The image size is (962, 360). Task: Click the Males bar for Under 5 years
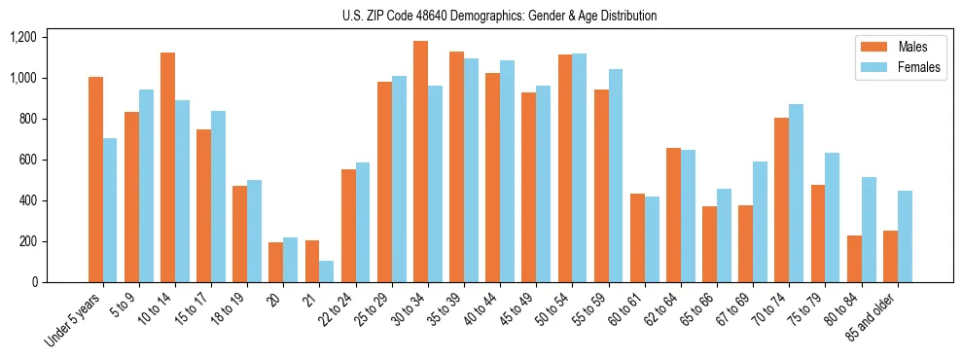(95, 180)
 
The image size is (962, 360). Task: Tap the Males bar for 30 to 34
(420, 162)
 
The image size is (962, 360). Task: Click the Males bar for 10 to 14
(167, 167)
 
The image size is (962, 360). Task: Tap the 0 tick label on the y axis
(35, 282)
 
